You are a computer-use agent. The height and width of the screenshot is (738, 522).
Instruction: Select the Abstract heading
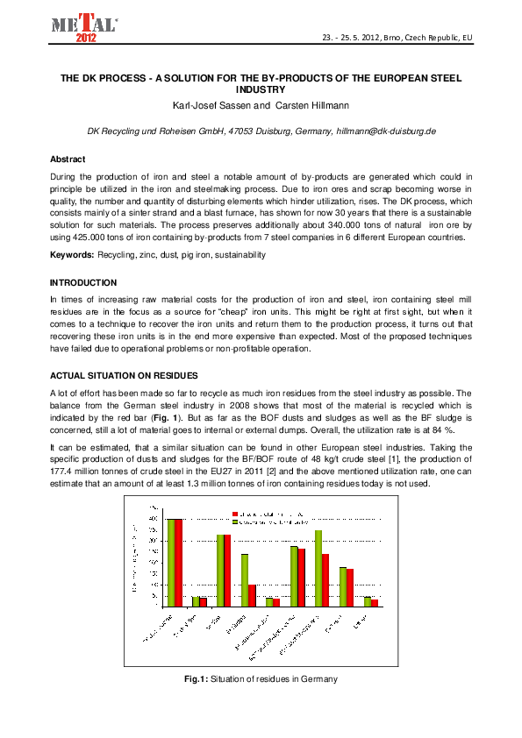pos(68,159)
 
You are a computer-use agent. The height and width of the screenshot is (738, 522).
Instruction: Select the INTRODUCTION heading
pos(82,283)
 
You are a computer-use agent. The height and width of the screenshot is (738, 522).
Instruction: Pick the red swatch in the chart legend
pos(235,514)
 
